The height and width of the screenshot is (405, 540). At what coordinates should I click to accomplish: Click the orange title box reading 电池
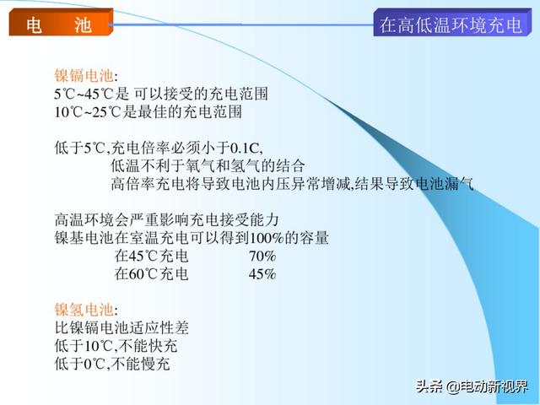(x=61, y=23)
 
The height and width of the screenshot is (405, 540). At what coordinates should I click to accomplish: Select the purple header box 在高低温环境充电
(x=452, y=23)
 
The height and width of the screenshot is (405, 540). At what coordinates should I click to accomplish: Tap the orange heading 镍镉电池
(x=84, y=75)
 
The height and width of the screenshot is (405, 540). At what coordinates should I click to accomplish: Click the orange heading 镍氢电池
(x=84, y=310)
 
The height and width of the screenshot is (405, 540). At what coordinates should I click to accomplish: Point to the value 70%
(x=262, y=256)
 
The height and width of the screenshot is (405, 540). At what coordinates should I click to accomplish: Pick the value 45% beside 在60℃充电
(x=262, y=274)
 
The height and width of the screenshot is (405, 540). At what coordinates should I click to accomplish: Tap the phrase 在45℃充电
(x=152, y=256)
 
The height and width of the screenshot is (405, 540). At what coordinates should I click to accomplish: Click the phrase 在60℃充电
(x=152, y=274)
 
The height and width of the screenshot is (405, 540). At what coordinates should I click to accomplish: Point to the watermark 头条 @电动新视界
(x=472, y=386)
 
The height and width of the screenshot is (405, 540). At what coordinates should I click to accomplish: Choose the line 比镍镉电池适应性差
(x=121, y=327)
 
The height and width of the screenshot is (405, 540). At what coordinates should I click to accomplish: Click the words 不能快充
(x=148, y=346)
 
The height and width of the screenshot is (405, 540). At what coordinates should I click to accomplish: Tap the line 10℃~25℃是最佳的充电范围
(x=148, y=112)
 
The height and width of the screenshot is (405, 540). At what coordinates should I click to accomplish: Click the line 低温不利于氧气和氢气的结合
(x=208, y=166)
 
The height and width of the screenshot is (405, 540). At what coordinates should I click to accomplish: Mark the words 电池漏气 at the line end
(x=445, y=184)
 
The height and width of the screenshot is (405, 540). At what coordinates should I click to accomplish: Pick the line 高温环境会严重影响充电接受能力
(x=167, y=219)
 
